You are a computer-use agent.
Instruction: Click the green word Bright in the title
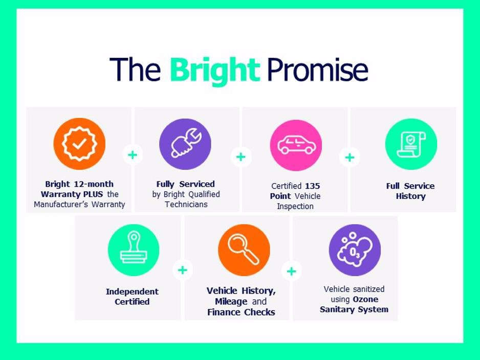[215, 71]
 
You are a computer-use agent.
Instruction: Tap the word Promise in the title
[317, 70]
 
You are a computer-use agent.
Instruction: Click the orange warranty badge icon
[79, 144]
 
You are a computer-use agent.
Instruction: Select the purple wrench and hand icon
[185, 144]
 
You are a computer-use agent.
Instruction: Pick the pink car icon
[296, 145]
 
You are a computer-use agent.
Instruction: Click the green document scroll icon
[411, 144]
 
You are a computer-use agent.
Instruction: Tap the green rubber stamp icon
[134, 250]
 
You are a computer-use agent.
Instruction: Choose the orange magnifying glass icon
[244, 250]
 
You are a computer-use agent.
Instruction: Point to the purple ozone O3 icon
[355, 250]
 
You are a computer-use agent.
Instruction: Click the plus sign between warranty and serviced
[133, 155]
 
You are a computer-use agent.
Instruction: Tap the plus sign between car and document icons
[350, 157]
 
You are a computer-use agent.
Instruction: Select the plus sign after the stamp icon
[183, 270]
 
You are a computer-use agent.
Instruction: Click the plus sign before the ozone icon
[292, 272]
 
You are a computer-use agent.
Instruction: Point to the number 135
[312, 186]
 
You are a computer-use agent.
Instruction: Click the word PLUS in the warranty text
[93, 194]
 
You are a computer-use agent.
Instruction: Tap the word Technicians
[186, 205]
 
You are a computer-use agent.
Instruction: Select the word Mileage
[231, 302]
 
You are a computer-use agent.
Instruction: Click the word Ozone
[365, 299]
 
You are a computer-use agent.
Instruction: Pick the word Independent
[132, 292]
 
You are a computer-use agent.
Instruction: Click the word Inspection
[295, 207]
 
